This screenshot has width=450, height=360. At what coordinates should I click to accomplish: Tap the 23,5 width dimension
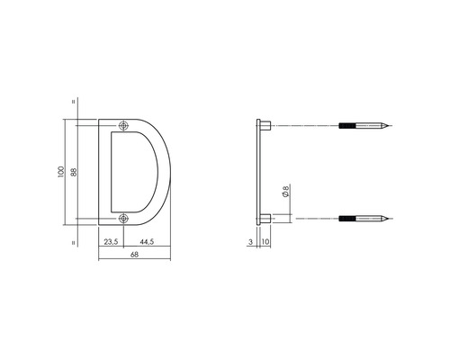pos(111,241)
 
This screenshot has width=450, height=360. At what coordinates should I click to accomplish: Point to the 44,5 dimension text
pos(145,241)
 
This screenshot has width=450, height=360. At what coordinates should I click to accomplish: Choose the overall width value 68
pos(134,256)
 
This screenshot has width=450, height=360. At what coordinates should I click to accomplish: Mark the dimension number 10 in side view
pos(266,241)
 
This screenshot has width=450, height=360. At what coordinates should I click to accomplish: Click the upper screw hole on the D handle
pos(123,125)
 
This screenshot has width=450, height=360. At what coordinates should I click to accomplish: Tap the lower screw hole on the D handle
pos(123,217)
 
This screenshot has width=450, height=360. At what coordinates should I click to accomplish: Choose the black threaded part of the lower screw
pos(351,217)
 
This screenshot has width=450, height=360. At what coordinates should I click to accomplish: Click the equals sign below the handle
pos(72,242)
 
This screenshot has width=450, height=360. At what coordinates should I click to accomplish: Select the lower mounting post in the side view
pos(266,217)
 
